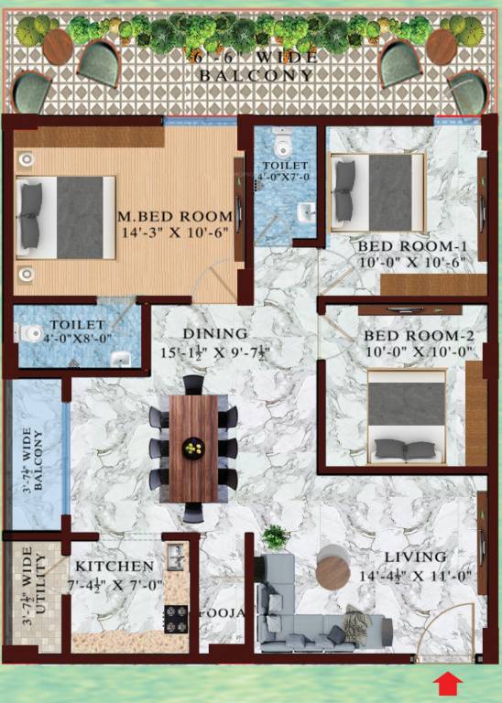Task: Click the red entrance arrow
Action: click(x=448, y=683)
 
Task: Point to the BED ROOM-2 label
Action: click(x=411, y=335)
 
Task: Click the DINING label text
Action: click(x=213, y=334)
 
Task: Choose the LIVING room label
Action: click(x=415, y=557)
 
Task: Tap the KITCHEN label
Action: click(x=115, y=567)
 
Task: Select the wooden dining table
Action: click(x=193, y=448)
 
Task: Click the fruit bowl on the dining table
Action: click(x=193, y=448)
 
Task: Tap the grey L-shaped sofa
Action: click(x=311, y=613)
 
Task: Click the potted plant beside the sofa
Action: click(x=275, y=537)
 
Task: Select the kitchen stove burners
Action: click(x=176, y=620)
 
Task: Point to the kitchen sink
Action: click(x=174, y=555)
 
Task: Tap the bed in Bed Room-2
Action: click(x=407, y=416)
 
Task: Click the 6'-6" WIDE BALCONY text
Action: click(x=252, y=67)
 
